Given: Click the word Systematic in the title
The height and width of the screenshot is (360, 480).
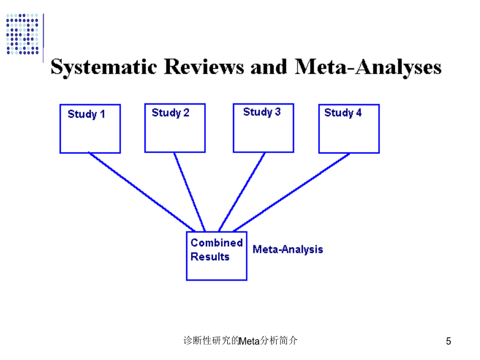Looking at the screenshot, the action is tap(104, 67).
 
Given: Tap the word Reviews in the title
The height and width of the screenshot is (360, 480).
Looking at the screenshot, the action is tap(204, 67).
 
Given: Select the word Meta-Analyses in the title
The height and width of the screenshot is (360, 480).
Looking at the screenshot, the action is tap(368, 67).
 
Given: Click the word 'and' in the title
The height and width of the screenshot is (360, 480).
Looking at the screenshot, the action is tap(269, 67).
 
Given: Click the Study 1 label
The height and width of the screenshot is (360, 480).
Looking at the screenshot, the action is tap(86, 114).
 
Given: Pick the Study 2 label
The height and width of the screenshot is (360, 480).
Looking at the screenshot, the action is tap(171, 113).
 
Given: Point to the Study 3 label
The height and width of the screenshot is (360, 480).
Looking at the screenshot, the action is tap(262, 112).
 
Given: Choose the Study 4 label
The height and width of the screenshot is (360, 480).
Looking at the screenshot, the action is tap(343, 113).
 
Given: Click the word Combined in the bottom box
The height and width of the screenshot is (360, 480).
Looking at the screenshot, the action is tap(217, 243).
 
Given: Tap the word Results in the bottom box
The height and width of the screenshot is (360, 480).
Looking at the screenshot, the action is tap(210, 257).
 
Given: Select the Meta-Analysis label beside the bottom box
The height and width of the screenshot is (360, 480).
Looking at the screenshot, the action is tap(288, 250).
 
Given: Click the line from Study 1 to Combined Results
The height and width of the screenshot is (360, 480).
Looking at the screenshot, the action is tap(142, 191).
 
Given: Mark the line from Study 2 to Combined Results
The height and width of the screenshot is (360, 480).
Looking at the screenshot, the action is tap(189, 192).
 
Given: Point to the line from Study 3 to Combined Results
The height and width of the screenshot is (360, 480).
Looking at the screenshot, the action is tap(242, 192).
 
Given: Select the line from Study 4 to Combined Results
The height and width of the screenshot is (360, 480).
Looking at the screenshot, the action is tap(291, 192).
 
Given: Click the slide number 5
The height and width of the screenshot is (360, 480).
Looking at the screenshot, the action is tap(449, 341).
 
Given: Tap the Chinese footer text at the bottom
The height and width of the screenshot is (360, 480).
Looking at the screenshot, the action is tap(241, 340).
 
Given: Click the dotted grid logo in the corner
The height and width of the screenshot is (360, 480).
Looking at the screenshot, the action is tap(22, 34).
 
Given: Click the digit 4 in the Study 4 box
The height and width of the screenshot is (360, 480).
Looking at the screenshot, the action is tap(359, 113).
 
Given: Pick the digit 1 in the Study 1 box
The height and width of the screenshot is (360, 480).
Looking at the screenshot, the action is tap(102, 114).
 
